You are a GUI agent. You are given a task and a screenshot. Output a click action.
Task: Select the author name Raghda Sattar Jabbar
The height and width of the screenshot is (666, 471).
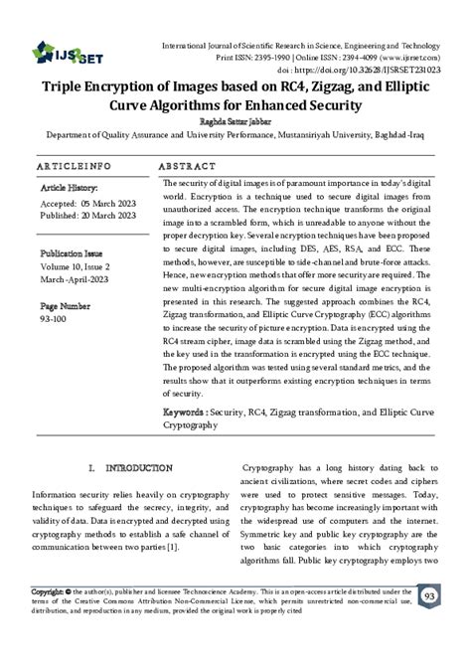[x=235, y=119]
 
